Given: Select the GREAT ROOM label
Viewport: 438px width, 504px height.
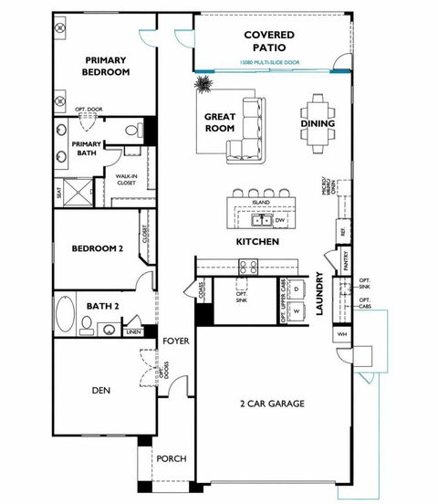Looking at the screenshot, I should [220, 123].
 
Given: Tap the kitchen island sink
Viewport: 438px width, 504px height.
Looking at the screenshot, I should [261, 220].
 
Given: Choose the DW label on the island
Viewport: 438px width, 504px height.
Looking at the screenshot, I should [280, 220].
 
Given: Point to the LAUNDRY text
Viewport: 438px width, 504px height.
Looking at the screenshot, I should [320, 294].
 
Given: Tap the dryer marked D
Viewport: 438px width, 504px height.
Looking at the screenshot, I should [297, 289].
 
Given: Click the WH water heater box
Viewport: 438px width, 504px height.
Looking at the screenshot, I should [343, 334].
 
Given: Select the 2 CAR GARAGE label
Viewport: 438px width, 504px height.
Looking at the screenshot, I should [271, 403].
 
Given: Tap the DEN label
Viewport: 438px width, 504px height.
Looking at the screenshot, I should [101, 390].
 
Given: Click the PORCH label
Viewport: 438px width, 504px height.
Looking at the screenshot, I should [172, 458].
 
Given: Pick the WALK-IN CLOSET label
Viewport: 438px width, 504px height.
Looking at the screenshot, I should [126, 180].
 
